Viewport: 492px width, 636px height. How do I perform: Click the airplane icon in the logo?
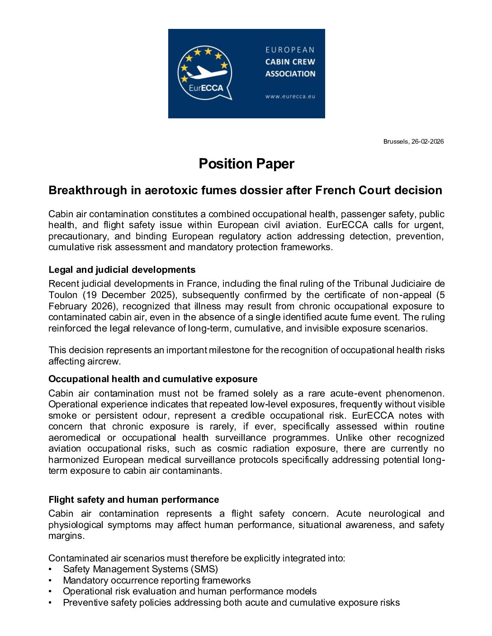pyautogui.click(x=207, y=72)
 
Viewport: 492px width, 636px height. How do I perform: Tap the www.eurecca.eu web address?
pyautogui.click(x=290, y=96)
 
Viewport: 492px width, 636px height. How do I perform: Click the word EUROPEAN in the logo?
pyautogui.click(x=290, y=50)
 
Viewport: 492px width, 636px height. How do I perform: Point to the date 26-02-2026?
pyautogui.click(x=427, y=141)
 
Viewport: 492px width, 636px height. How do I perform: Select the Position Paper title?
pyautogui.click(x=246, y=164)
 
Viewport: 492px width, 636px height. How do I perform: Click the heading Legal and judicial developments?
pyautogui.click(x=122, y=270)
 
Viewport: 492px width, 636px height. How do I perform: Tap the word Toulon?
pyautogui.click(x=63, y=295)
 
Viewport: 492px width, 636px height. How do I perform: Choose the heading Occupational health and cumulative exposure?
pyautogui.click(x=153, y=379)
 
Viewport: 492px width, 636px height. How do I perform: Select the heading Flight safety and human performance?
pyautogui.click(x=134, y=500)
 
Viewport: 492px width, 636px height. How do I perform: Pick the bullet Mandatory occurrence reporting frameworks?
pyautogui.click(x=156, y=580)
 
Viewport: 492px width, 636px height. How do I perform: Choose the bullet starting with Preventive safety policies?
pyautogui.click(x=231, y=603)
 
